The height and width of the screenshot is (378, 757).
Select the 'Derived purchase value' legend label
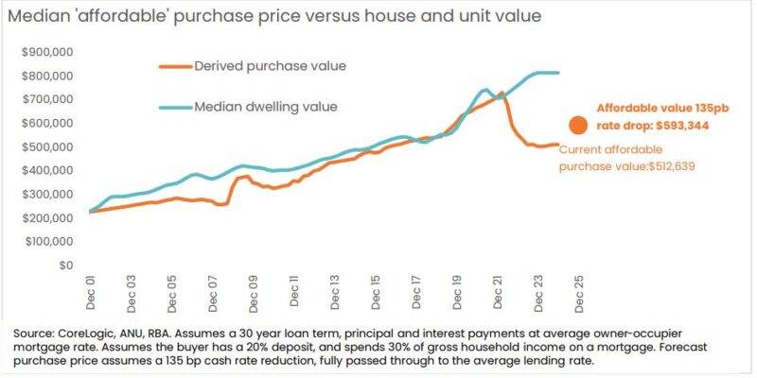pyautogui.click(x=270, y=66)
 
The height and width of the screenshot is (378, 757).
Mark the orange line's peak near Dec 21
pyautogui.click(x=501, y=93)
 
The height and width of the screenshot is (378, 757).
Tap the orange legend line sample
pyautogui.click(x=174, y=66)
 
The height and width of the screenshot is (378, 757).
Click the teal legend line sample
pyautogui.click(x=174, y=106)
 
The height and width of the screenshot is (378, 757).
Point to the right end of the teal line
pyautogui.click(x=558, y=73)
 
